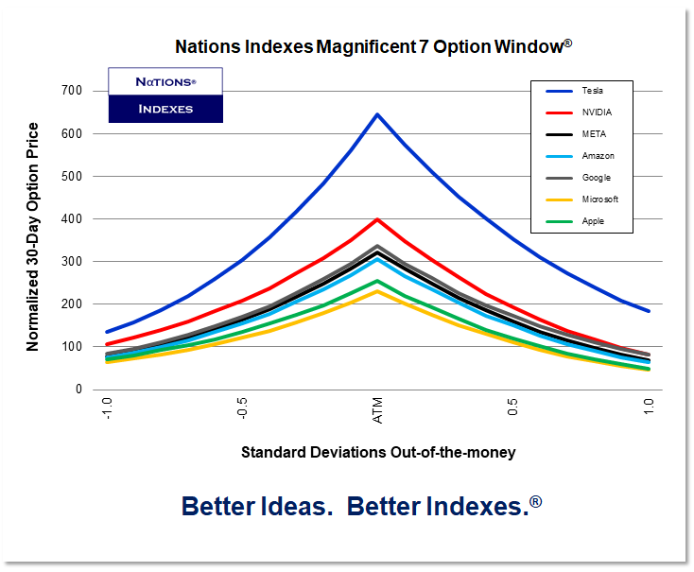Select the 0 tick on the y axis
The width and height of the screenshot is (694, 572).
click(79, 389)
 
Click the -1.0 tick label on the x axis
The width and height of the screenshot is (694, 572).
click(107, 410)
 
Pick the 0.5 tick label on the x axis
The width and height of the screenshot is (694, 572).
click(512, 408)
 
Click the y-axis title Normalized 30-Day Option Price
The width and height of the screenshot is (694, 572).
click(33, 236)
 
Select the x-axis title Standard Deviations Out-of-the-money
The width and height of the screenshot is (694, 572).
click(378, 452)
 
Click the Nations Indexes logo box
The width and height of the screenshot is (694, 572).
click(165, 95)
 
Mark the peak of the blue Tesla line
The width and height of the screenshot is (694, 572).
click(377, 114)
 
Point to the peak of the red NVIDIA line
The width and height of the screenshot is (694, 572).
click(377, 219)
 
